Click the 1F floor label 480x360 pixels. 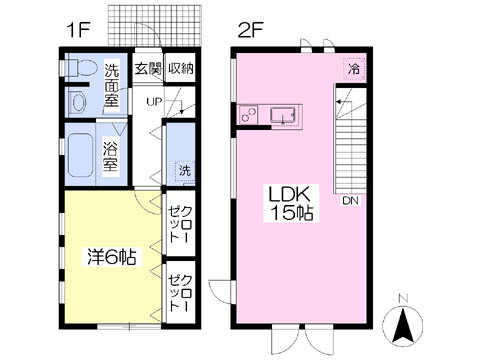[79, 31]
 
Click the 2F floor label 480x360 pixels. [251, 31]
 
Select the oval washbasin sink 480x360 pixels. [79, 102]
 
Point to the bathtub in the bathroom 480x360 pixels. [80, 155]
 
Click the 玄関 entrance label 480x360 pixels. [147, 69]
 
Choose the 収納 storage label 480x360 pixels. [180, 68]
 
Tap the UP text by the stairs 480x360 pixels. [154, 101]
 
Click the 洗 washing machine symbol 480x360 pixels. [185, 171]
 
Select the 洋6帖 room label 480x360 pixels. [112, 256]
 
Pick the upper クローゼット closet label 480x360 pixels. [180, 224]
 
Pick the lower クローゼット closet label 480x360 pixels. [180, 293]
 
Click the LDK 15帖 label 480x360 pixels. [291, 204]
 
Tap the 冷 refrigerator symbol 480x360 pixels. [355, 69]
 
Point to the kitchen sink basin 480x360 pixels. [283, 115]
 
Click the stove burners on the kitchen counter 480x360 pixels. [248, 114]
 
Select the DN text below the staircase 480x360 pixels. [350, 201]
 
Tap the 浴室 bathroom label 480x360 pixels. [110, 156]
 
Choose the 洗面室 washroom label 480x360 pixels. [112, 85]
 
